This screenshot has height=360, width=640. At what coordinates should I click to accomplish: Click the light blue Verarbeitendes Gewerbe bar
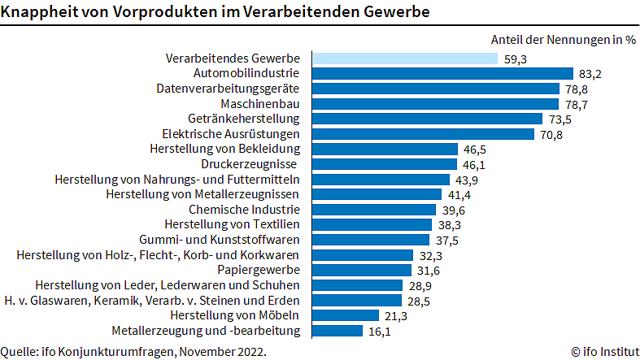(x=403, y=59)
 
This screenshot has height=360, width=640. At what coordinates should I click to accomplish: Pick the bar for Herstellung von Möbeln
(x=344, y=315)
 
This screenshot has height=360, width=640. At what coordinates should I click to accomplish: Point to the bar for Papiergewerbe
(x=359, y=270)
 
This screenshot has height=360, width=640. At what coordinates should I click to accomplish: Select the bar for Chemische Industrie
(x=371, y=210)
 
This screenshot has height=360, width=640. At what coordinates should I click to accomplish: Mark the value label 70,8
(x=552, y=134)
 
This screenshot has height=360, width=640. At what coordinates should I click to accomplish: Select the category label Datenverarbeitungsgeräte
(x=229, y=89)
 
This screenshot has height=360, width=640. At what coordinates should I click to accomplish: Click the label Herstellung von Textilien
(x=233, y=224)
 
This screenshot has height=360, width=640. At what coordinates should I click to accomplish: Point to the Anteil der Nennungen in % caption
(x=564, y=39)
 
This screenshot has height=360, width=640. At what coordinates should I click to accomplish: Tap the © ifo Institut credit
(x=604, y=352)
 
